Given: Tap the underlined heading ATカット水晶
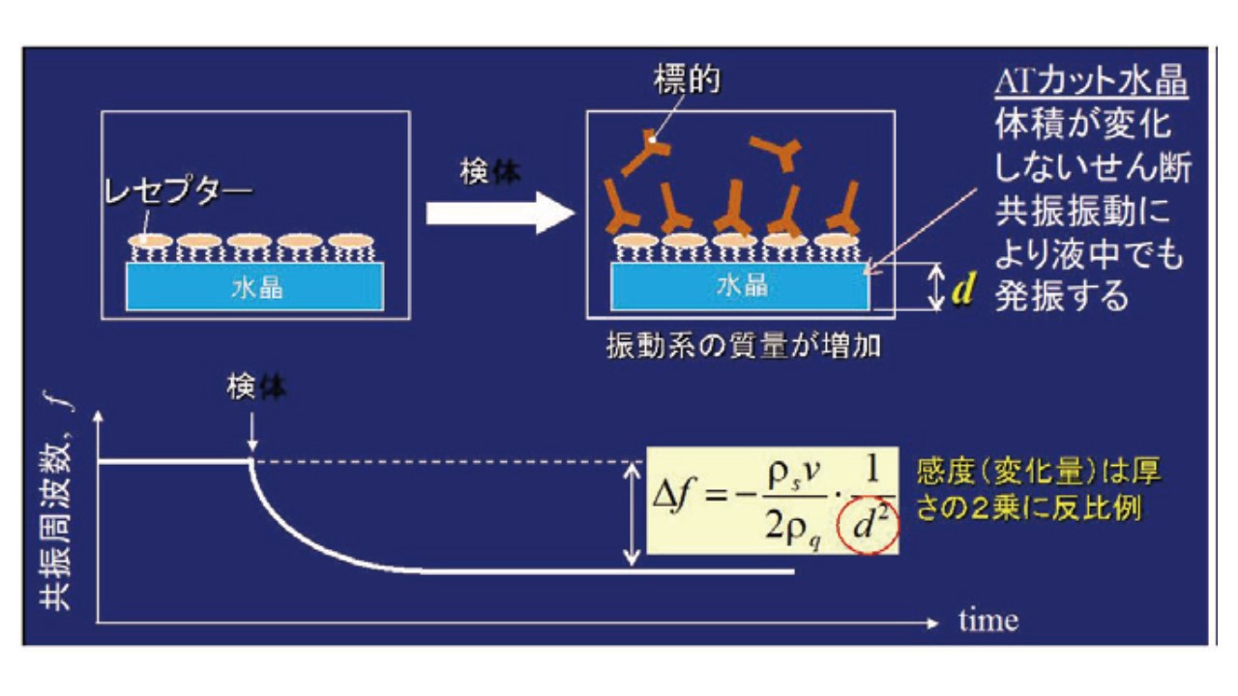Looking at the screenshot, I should (x=1091, y=83).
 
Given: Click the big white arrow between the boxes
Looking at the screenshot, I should (x=499, y=214).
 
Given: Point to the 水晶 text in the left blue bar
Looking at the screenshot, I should (x=256, y=287).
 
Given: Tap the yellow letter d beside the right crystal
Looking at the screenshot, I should (x=961, y=288).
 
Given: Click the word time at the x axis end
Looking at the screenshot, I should (x=988, y=620).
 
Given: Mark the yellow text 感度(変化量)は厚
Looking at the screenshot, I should (x=1038, y=472).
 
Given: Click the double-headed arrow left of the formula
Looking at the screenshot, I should (x=631, y=513).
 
